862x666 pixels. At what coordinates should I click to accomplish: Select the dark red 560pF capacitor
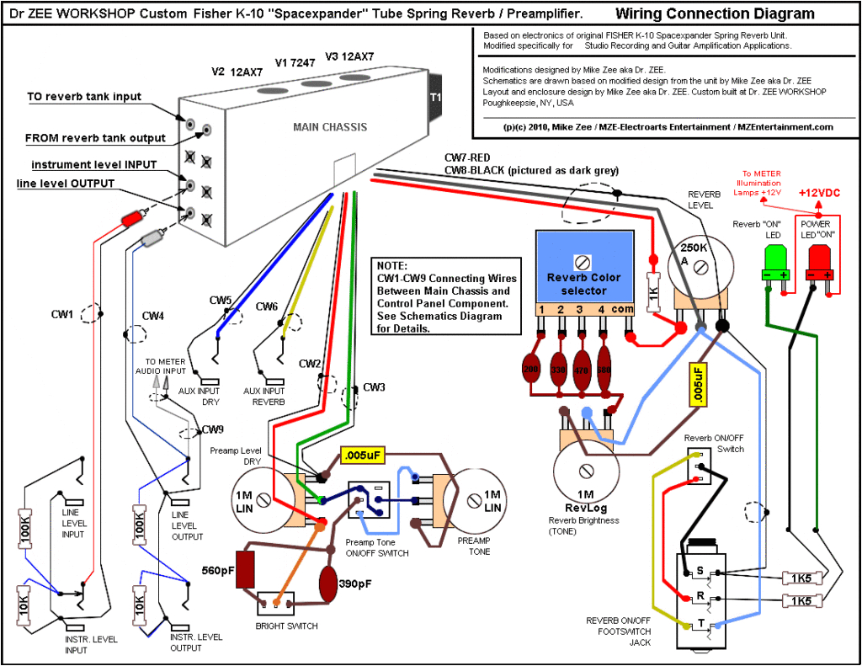[246, 570]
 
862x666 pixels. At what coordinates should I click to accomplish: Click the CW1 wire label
[63, 315]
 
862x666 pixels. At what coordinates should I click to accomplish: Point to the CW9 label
[213, 429]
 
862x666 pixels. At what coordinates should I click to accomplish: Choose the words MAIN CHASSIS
[330, 127]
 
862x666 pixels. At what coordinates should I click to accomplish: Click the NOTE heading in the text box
[392, 265]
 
